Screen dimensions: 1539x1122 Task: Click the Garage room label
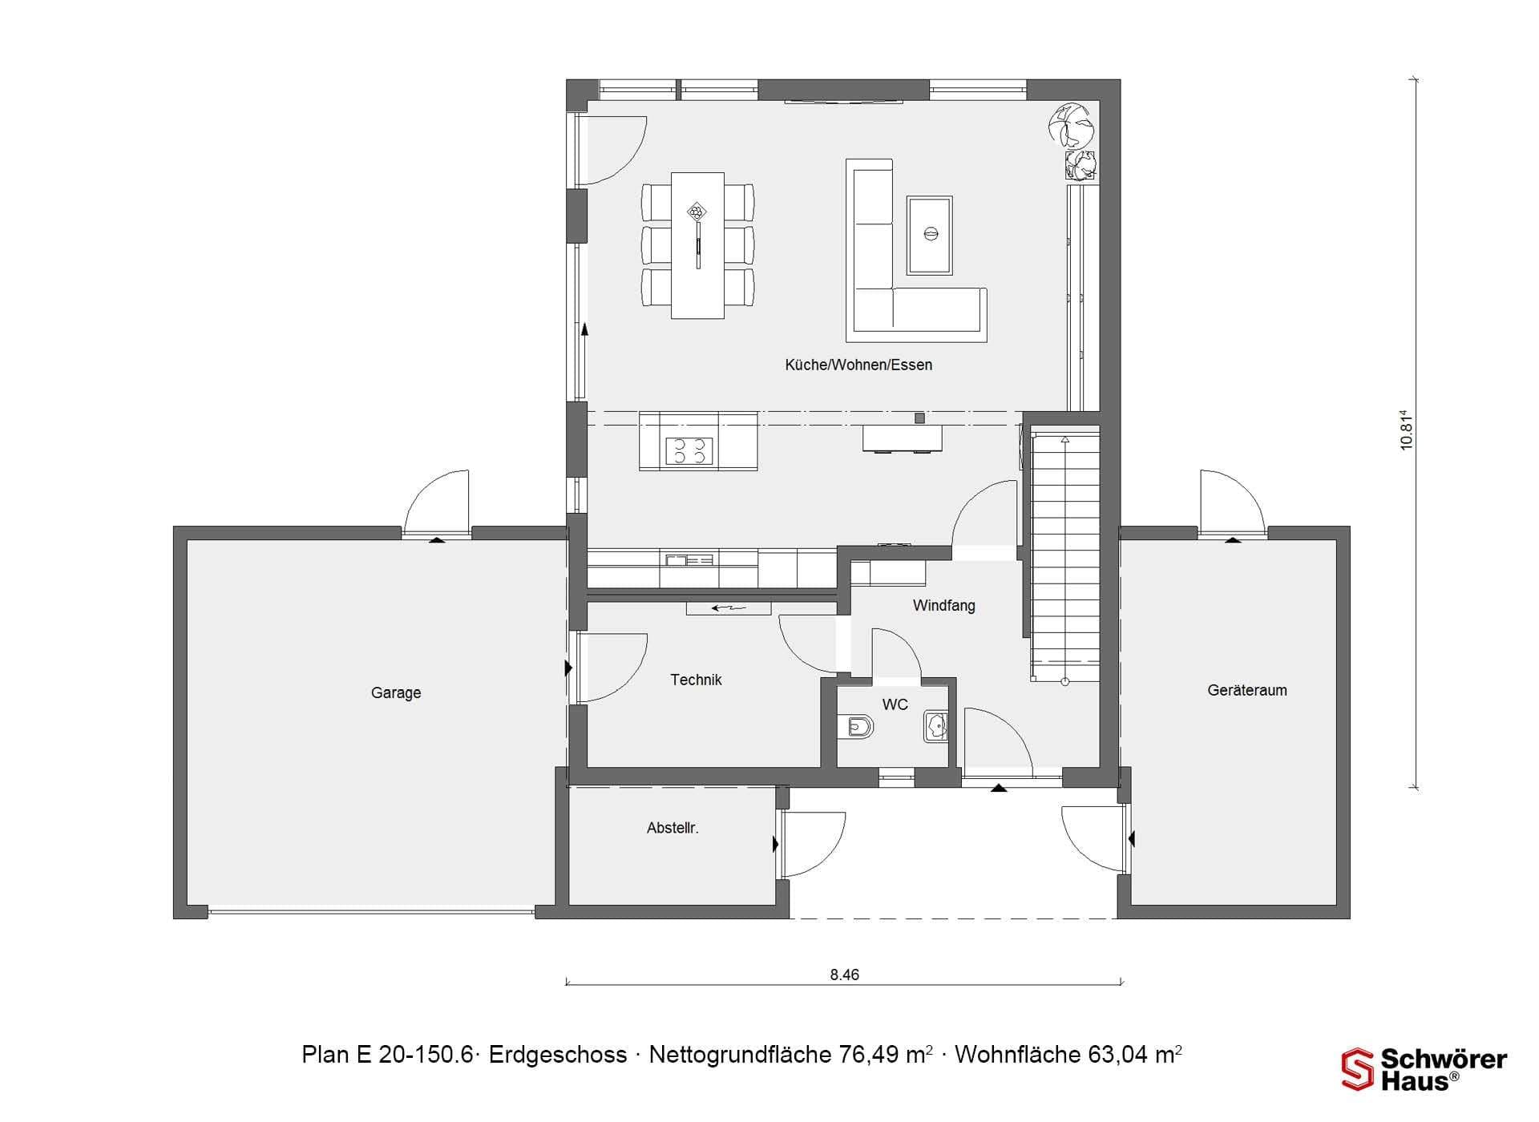pos(396,692)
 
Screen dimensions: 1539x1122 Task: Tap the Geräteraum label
pos(1247,690)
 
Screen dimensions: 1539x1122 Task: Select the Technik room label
pos(696,680)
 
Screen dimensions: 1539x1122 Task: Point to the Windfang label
pos(944,606)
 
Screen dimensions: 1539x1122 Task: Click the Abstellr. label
pos(673,828)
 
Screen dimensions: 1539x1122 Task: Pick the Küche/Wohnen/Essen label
pos(858,365)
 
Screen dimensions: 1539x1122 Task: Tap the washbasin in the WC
pos(935,726)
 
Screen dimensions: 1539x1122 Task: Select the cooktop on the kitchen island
pos(689,450)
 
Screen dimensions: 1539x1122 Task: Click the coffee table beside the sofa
pos(930,236)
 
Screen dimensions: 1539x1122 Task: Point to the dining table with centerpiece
pos(697,245)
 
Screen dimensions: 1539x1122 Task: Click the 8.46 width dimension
pos(844,975)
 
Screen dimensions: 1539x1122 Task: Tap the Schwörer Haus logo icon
pos(1357,1069)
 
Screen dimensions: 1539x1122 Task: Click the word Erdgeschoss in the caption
pos(558,1055)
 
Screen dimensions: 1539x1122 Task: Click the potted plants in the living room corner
pos(1074,141)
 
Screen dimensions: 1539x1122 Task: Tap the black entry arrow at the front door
pos(998,788)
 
